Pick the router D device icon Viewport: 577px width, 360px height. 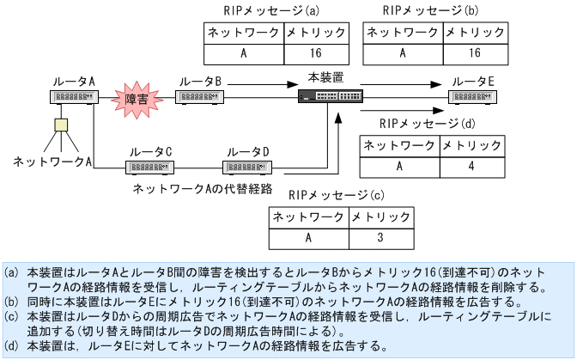[x=247, y=166]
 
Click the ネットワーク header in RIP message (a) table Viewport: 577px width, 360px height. [x=244, y=34]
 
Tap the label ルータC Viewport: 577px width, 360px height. [x=150, y=151]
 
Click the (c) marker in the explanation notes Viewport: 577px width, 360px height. [x=12, y=315]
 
